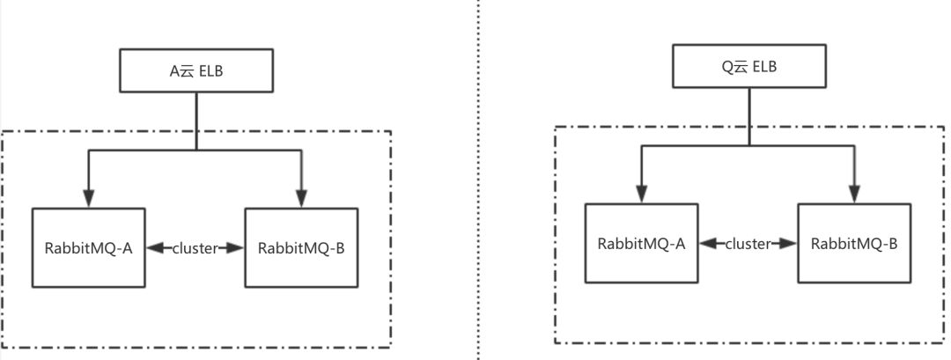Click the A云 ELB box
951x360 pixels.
coord(195,70)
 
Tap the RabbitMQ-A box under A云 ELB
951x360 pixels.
coord(88,248)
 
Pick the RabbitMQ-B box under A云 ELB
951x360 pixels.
coord(301,248)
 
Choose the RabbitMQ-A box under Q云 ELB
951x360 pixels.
coord(641,244)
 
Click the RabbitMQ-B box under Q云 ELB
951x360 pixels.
coord(854,244)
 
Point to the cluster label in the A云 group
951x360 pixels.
coord(195,248)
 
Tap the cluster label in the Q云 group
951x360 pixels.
coord(748,244)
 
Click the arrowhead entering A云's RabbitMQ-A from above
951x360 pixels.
coord(88,201)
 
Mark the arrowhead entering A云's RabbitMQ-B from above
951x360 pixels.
coord(301,201)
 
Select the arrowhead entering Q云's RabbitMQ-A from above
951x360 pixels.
coord(641,195)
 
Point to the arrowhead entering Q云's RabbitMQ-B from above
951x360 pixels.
coord(854,195)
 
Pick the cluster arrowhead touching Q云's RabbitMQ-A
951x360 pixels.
coord(707,244)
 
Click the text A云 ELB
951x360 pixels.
coord(195,71)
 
